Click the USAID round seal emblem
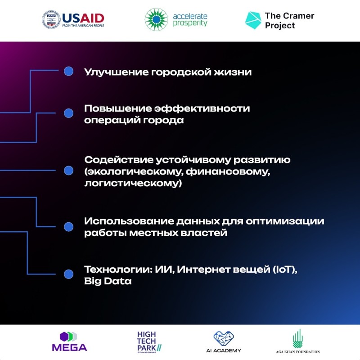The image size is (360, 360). click(x=51, y=19)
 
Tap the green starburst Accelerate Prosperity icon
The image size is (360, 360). click(x=156, y=19)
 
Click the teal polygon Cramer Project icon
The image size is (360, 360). click(x=253, y=20)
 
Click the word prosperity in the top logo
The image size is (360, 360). click(x=190, y=23)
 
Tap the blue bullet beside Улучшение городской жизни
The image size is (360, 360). click(x=68, y=71)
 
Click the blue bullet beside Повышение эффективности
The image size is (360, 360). click(x=68, y=113)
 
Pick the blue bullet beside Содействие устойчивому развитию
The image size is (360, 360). click(x=68, y=171)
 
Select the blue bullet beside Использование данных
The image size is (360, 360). click(x=68, y=227)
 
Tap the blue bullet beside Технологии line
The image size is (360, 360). click(x=68, y=274)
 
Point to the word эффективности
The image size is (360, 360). click(x=202, y=108)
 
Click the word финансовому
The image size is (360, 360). click(x=228, y=172)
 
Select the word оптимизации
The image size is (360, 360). click(x=285, y=221)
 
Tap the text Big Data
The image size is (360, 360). click(x=108, y=281)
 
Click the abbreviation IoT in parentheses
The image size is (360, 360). click(x=284, y=269)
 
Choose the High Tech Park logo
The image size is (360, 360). click(x=149, y=342)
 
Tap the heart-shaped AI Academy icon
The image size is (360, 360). click(x=223, y=338)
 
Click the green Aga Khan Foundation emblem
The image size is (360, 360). click(x=298, y=339)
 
